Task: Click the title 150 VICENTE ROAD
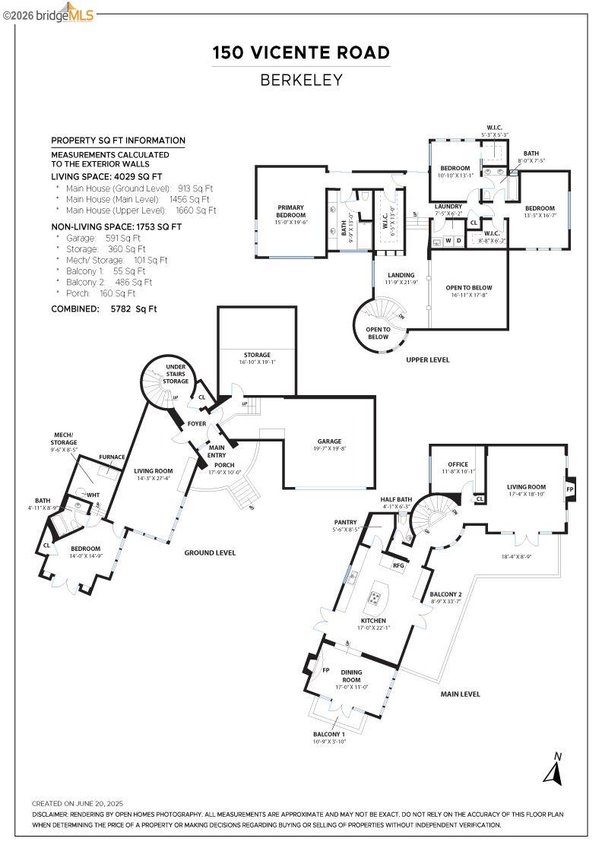pos(301,52)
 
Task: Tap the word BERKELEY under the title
pos(301,79)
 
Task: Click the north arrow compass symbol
pos(553,771)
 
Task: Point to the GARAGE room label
pos(329,441)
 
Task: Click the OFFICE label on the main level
pos(458,464)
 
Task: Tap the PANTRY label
pos(346,522)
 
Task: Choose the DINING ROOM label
pos(351,676)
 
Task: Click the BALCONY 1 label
pos(329,734)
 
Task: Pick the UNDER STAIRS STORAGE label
pos(176,374)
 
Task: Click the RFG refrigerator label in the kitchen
pos(398,565)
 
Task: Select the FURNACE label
pos(112,457)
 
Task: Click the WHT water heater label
pos(93,495)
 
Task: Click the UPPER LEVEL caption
pos(428,359)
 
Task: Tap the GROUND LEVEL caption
pos(210,552)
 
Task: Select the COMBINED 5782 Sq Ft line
pos(103,309)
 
